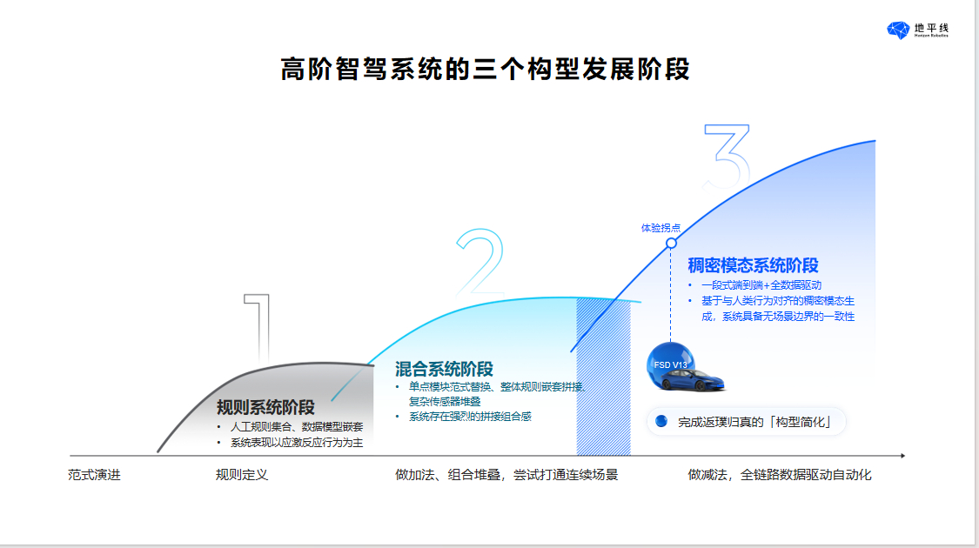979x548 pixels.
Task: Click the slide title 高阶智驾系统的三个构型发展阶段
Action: click(485, 70)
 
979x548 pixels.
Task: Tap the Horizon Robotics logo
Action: click(917, 30)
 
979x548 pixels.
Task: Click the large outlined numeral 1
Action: click(258, 326)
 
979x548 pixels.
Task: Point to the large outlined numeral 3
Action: click(726, 157)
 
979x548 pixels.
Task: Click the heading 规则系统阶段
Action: click(265, 407)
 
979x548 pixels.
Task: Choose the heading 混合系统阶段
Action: click(444, 370)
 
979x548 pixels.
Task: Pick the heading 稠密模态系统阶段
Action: click(753, 265)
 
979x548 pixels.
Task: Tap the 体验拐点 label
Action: click(660, 228)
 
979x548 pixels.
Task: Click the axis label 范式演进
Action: click(95, 475)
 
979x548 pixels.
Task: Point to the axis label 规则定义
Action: click(242, 475)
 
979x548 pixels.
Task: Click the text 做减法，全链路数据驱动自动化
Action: click(779, 475)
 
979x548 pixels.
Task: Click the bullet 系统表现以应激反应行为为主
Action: click(296, 443)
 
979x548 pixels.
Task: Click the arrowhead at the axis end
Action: click(902, 455)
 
